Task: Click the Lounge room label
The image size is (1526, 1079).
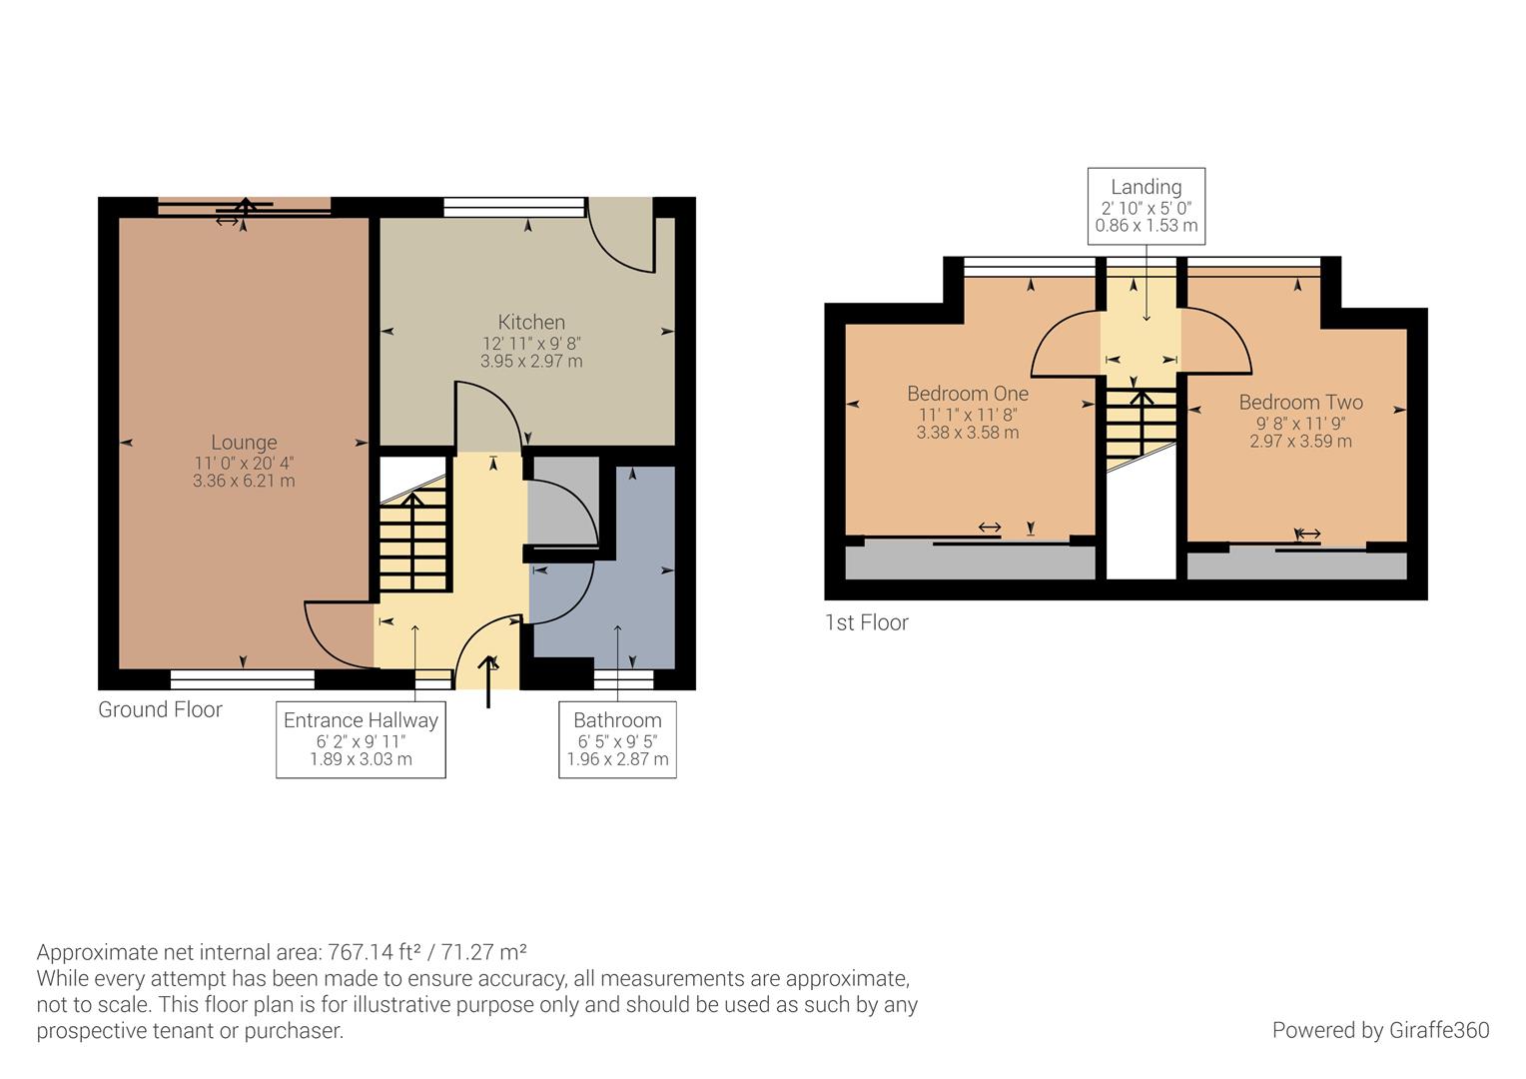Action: pos(244,443)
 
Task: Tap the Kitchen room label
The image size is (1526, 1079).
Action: pos(531,322)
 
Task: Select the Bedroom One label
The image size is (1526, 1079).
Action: pos(968,394)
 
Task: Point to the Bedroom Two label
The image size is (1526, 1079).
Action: pos(1300,403)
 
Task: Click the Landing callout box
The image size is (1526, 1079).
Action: pos(1146,206)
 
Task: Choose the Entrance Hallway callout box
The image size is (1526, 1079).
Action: pos(362,739)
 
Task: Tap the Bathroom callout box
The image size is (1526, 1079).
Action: pos(618,739)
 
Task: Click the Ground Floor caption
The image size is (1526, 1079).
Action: pos(160,709)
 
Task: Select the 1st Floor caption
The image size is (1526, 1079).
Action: pos(867,622)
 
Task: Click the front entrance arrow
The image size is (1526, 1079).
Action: pos(488,681)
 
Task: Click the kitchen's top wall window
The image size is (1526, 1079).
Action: pos(514,207)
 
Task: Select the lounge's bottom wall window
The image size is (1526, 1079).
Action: pos(243,679)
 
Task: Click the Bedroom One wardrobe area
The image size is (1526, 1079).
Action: pos(970,561)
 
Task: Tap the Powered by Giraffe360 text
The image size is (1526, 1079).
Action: pos(1381,1030)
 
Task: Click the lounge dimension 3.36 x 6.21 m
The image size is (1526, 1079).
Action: pos(244,481)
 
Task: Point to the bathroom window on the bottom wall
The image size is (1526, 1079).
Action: pos(623,679)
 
